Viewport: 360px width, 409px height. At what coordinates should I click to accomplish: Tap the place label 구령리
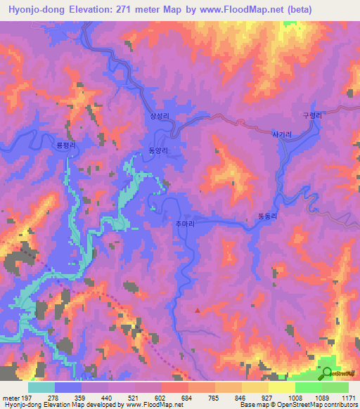coord(310,114)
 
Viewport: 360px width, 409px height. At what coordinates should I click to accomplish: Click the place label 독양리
coord(157,150)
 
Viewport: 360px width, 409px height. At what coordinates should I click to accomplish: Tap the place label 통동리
coord(268,219)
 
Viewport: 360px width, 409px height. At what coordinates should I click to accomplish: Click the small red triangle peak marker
coord(198,309)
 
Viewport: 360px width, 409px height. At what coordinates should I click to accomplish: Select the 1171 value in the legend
coord(349,397)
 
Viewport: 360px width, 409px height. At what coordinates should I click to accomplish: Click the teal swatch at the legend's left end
coord(41,387)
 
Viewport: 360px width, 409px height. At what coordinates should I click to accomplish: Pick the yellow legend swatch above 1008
coord(282,387)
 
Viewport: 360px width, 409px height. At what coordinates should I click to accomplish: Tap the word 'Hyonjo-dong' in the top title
coord(33,9)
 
